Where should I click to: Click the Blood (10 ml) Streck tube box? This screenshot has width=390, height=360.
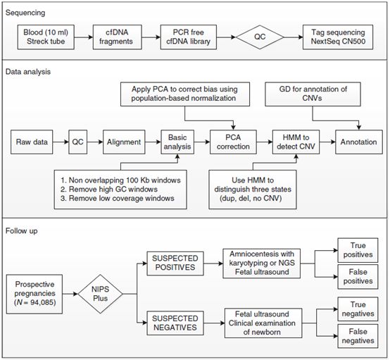point(46,37)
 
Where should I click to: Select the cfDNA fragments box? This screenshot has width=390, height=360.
point(118,37)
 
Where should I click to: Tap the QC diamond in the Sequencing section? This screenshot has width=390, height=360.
point(260,37)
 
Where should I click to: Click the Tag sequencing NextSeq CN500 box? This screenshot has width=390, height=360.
point(338,37)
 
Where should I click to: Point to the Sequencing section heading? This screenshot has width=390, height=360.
point(25,13)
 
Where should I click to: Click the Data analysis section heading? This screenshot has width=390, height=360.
point(28,72)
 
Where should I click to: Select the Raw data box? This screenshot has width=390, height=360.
point(32,142)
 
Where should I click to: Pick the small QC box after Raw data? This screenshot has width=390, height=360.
point(78,142)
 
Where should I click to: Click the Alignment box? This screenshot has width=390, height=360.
point(124,142)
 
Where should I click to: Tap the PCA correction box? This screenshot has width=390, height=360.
point(233,142)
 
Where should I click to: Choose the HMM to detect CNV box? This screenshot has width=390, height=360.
point(296,142)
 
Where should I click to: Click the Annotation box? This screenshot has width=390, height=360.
point(358,142)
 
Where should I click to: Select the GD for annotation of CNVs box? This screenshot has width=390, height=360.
point(313,94)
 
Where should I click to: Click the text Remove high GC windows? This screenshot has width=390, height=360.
point(113,190)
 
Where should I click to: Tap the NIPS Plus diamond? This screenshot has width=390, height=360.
point(100,294)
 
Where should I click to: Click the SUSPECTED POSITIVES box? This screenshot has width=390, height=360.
point(175,263)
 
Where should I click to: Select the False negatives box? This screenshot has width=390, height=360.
point(358,336)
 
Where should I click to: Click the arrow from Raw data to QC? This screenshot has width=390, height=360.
point(61,142)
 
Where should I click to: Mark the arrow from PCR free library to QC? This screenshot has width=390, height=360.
point(226,37)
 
